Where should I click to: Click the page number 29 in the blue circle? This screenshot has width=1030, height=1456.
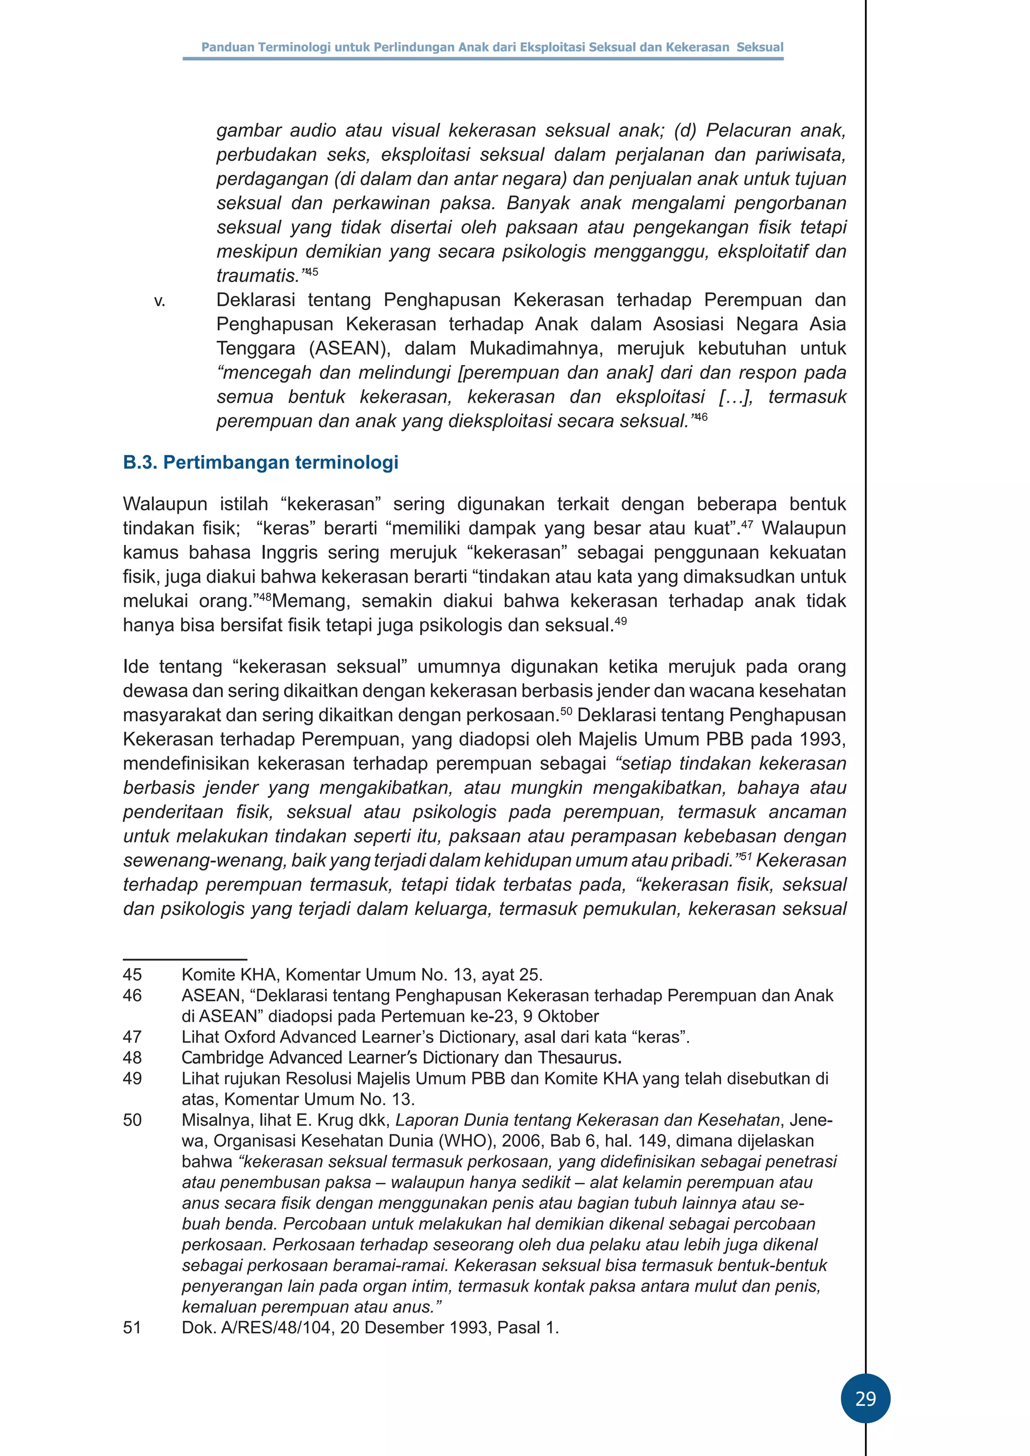pyautogui.click(x=865, y=1398)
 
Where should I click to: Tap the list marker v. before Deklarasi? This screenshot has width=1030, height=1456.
pyautogui.click(x=159, y=301)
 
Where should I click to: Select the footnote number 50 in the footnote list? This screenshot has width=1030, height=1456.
pyautogui.click(x=133, y=1120)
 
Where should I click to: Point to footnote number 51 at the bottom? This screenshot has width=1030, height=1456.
pyautogui.click(x=133, y=1328)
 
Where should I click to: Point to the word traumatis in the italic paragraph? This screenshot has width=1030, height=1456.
pyautogui.click(x=256, y=277)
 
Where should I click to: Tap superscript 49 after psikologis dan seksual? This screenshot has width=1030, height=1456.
pyautogui.click(x=620, y=621)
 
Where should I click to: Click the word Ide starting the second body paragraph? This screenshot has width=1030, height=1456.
pyautogui.click(x=135, y=667)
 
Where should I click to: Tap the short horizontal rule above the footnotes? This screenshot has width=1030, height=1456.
pyautogui.click(x=185, y=959)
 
